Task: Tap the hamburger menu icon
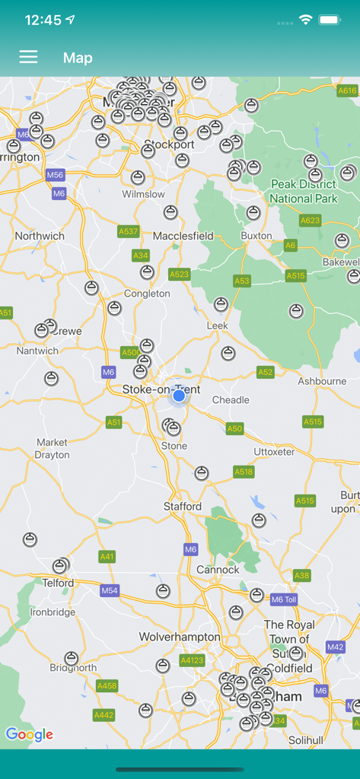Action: [x=28, y=57]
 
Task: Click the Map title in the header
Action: [x=78, y=58]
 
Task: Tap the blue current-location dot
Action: [x=179, y=396]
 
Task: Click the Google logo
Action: [x=29, y=734]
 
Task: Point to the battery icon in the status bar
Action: [x=330, y=20]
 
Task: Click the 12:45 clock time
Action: [x=43, y=21]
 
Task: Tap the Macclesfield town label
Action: [x=183, y=236]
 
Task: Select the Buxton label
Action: [x=256, y=236]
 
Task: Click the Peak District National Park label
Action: [x=304, y=192]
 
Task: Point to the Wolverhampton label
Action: [x=180, y=637]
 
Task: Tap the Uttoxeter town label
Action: [x=274, y=452]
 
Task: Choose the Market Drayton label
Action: [x=52, y=449]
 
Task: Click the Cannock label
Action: [x=218, y=569]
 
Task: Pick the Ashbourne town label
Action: [x=321, y=381]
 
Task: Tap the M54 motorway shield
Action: [x=110, y=590]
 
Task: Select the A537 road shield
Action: [x=129, y=231]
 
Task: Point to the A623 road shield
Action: [x=311, y=221]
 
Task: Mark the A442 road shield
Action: [x=104, y=715]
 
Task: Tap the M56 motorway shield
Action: [x=55, y=175]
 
